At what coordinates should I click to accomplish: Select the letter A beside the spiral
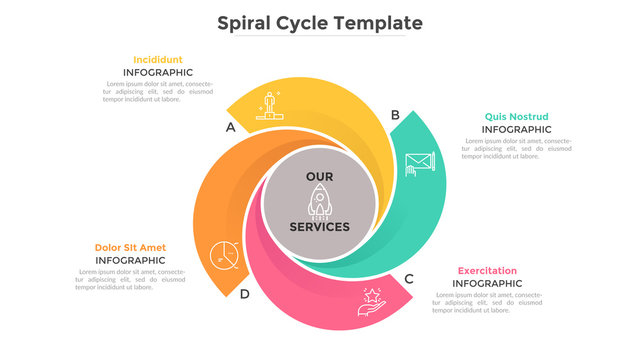click(x=231, y=127)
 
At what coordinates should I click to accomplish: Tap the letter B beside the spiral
click(x=395, y=115)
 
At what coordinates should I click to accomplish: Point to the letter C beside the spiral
click(x=408, y=279)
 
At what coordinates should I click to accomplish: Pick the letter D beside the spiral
click(x=244, y=293)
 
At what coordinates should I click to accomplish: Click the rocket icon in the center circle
click(x=320, y=201)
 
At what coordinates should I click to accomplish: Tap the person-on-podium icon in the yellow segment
click(x=269, y=105)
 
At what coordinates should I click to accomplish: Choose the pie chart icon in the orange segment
click(x=224, y=256)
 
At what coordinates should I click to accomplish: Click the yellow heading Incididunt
click(x=158, y=59)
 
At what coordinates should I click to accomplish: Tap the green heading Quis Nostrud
click(x=516, y=116)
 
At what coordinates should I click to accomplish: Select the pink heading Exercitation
click(x=487, y=270)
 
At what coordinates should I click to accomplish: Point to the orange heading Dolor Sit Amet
click(x=130, y=247)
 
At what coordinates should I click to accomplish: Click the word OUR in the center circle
click(x=320, y=176)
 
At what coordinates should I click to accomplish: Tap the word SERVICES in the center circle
click(x=320, y=227)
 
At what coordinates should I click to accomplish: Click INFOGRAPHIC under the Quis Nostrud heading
click(x=516, y=130)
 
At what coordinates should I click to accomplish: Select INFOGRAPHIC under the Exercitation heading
click(x=487, y=284)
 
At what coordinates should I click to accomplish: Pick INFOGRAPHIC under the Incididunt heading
click(x=158, y=73)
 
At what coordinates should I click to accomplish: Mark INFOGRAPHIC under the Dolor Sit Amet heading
click(x=130, y=261)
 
